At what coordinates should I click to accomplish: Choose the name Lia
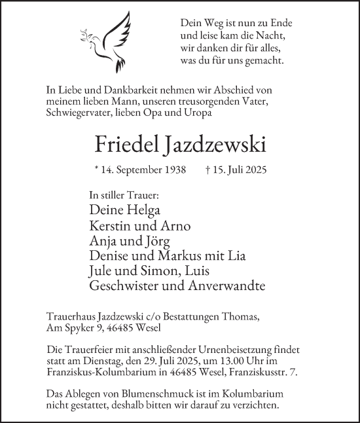point(217,255)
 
